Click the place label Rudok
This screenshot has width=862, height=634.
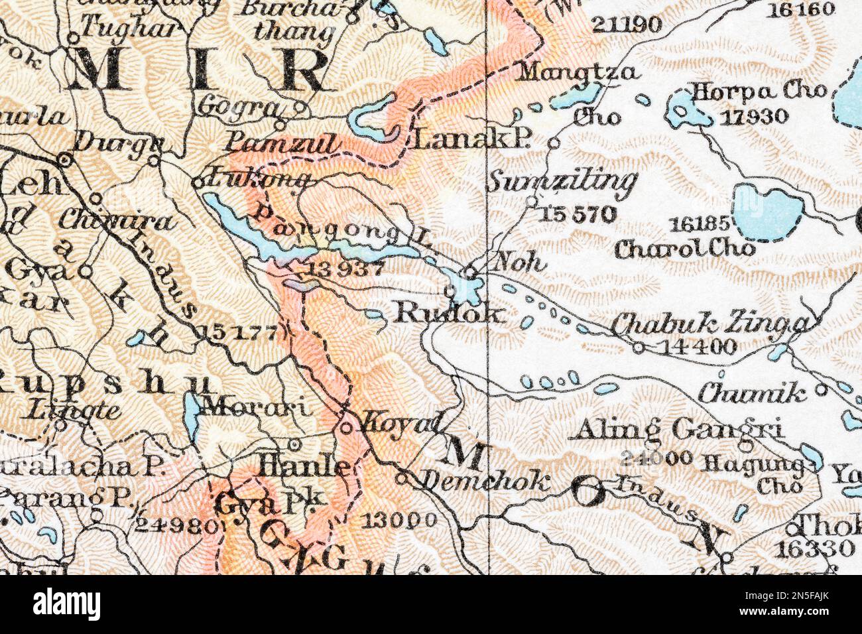coord(449,313)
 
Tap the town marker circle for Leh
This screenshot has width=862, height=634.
coord(64,160)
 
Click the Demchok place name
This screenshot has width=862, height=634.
coord(485,481)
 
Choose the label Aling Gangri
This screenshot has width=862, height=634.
coord(678,430)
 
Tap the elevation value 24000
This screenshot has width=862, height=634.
coord(658,458)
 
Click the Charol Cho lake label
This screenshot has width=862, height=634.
coord(684,249)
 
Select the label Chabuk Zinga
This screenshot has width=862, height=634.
coord(709,324)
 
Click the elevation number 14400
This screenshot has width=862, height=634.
coord(694,346)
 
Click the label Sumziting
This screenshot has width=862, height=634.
coord(562,179)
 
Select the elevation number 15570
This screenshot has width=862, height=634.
coord(578,214)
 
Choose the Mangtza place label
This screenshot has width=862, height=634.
coord(578,72)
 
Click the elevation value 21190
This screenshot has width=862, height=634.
coord(627,25)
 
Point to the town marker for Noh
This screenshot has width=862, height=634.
coord(469,272)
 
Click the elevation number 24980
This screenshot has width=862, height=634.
coord(175,526)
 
